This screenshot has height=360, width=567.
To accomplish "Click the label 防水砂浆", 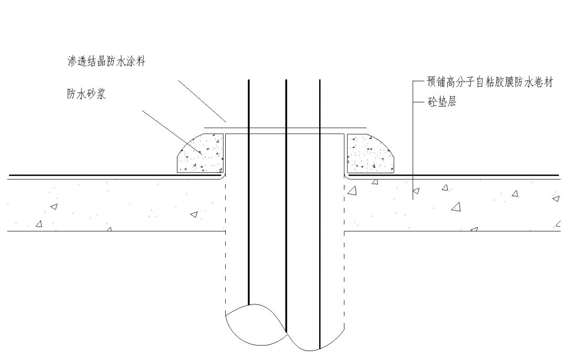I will click(x=87, y=94).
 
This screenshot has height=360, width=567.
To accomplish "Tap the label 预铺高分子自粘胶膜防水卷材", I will click(x=490, y=83).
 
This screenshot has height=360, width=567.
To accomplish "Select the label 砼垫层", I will click(x=442, y=102).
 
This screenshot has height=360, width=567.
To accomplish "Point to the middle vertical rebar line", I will click(x=286, y=210).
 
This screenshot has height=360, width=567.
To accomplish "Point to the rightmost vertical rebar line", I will click(x=320, y=210).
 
